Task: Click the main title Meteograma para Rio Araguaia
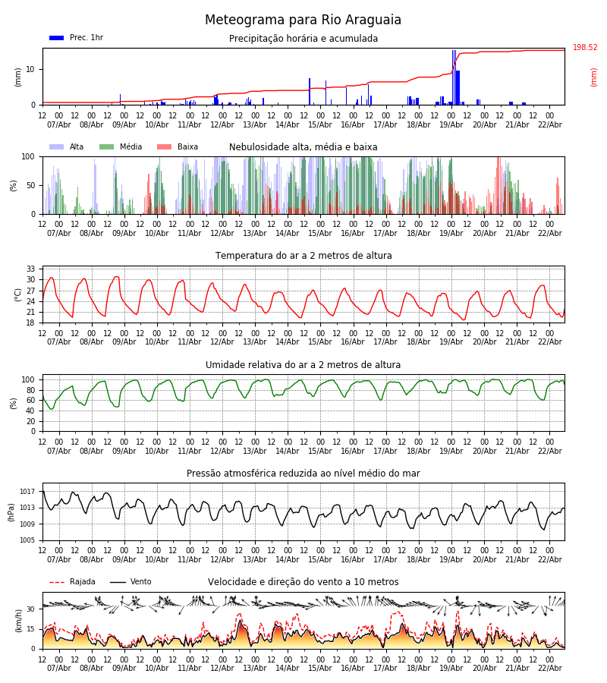point(303,20)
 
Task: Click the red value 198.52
point(585,48)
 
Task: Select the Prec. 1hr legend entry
point(77,38)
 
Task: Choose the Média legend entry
point(121,147)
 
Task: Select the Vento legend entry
point(131,582)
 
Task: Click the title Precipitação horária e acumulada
point(303,39)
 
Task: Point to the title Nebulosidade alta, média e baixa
point(303,147)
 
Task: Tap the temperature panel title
point(303,256)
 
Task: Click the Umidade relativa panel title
point(303,365)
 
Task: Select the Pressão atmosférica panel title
point(303,474)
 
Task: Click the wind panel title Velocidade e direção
point(303,582)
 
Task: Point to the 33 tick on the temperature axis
point(31,269)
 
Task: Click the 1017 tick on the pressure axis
point(28,492)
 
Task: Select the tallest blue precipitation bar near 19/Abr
point(454,76)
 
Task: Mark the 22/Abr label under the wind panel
point(549,668)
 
